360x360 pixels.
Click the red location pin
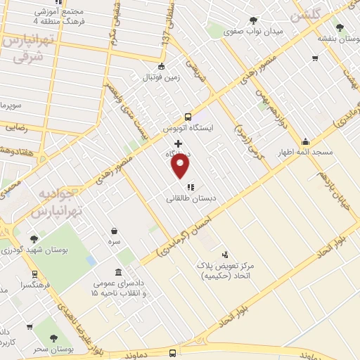click(181, 166)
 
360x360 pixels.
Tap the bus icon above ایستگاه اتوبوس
click(187, 117)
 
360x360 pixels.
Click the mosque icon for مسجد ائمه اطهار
click(305, 141)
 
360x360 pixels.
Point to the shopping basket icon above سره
click(114, 231)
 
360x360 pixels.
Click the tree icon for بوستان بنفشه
click(340, 27)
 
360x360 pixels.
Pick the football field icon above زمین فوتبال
click(162, 67)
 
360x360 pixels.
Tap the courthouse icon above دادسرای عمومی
click(117, 272)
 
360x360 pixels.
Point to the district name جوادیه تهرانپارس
click(59, 201)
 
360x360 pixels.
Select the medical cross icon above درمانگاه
click(178, 143)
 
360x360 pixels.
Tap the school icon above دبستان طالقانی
click(191, 187)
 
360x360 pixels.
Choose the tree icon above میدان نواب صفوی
click(253, 20)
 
